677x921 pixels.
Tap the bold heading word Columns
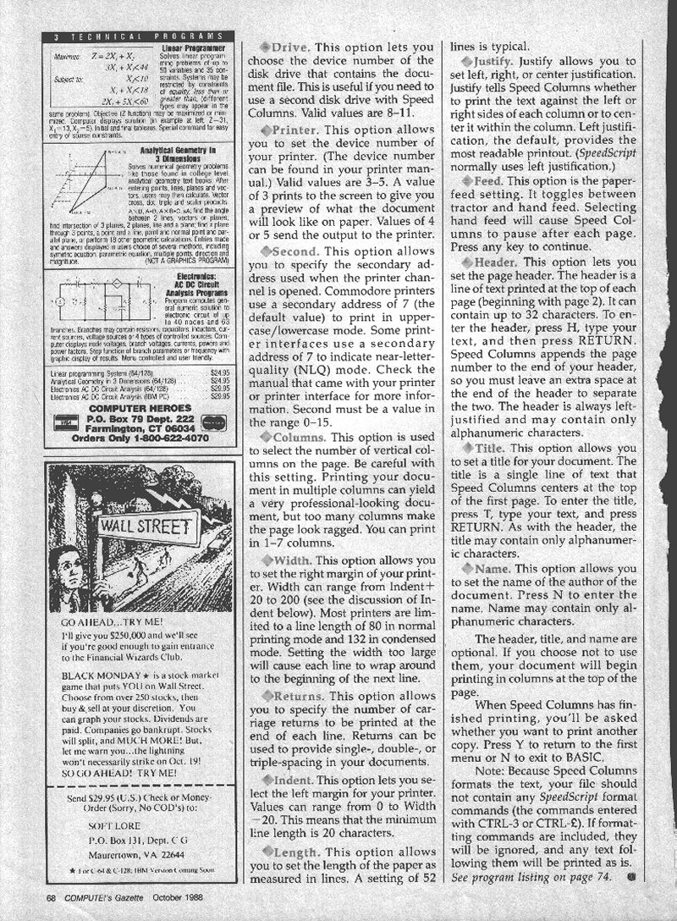coord(296,436)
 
